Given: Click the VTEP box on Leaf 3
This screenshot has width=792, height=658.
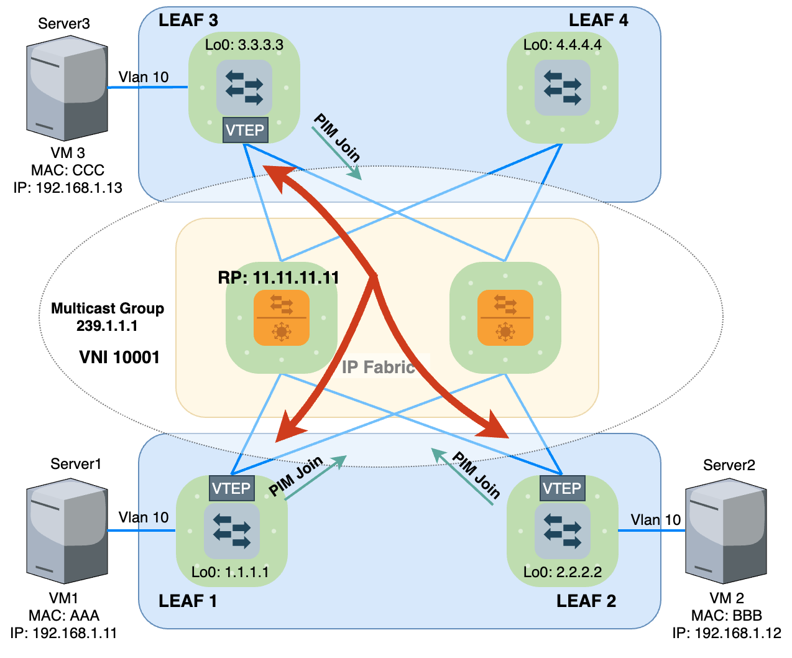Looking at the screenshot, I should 245,130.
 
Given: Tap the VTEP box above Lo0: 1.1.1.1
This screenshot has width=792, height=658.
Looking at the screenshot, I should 231,488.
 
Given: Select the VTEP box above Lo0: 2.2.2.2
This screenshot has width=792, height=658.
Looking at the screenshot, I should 562,488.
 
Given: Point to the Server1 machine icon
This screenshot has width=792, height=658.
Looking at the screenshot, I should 67,534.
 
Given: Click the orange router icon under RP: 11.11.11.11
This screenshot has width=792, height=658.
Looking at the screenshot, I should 281,317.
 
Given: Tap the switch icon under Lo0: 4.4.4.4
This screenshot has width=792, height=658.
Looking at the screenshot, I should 562,88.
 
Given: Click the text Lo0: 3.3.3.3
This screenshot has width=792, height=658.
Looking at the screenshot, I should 244,45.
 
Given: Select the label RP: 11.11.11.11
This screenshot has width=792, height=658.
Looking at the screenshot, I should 279,277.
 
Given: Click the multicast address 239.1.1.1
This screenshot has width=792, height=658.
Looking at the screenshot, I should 107,326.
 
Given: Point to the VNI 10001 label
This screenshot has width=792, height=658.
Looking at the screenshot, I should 119,357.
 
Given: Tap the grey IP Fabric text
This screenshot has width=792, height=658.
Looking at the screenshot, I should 378,367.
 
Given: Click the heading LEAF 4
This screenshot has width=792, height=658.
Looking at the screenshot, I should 598,21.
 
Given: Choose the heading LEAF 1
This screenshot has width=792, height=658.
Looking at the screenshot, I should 188,601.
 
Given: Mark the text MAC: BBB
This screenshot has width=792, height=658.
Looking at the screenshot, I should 726,616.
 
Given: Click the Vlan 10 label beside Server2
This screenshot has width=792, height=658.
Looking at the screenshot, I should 655,520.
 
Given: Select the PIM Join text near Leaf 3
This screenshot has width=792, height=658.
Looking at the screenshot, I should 337,138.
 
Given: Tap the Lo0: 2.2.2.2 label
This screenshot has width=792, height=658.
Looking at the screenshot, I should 563,572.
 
